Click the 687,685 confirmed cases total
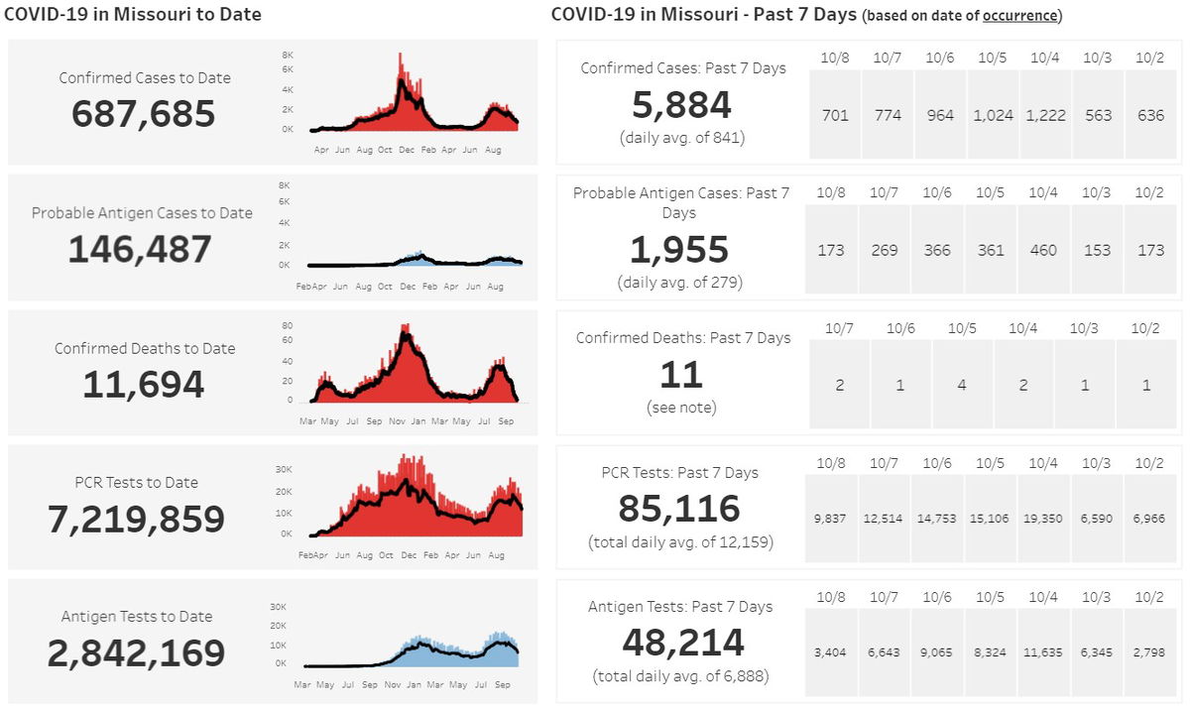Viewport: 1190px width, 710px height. pyautogui.click(x=143, y=114)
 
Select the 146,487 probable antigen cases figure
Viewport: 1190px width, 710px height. pyautogui.click(x=140, y=249)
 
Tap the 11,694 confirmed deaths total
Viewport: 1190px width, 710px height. pyautogui.click(x=143, y=384)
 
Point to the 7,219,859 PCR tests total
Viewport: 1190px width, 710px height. pyautogui.click(x=137, y=519)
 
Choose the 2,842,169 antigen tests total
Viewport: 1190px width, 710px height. pyautogui.click(x=137, y=652)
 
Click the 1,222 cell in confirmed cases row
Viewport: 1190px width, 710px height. pyautogui.click(x=1045, y=115)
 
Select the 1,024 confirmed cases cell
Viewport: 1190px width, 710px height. pyautogui.click(x=993, y=115)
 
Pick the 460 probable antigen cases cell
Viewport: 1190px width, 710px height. pyautogui.click(x=1043, y=250)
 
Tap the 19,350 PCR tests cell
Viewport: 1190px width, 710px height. pyautogui.click(x=1045, y=519)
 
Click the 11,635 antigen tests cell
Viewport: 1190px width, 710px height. pyautogui.click(x=1045, y=652)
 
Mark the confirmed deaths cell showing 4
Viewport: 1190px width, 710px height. pyautogui.click(x=962, y=385)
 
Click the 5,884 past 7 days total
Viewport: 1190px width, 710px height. pyautogui.click(x=681, y=105)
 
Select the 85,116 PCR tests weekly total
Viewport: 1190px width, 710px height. pyautogui.click(x=679, y=509)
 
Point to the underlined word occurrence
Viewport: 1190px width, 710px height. pyautogui.click(x=1020, y=16)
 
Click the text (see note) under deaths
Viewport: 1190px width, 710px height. pyautogui.click(x=681, y=408)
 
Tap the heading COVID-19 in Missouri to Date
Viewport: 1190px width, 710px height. pyautogui.click(x=133, y=14)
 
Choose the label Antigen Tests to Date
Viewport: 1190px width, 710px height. pyautogui.click(x=137, y=616)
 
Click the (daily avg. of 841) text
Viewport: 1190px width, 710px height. pyautogui.click(x=681, y=137)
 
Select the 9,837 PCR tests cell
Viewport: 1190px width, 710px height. pyautogui.click(x=830, y=519)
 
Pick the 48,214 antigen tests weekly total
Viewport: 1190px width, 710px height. pyautogui.click(x=682, y=643)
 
